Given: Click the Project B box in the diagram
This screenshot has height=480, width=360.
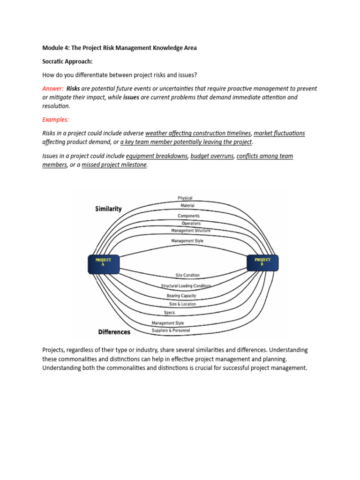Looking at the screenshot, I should click(262, 263).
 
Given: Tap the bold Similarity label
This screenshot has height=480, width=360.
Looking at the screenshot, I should click(108, 209).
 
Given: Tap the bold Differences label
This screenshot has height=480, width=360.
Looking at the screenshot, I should click(114, 332).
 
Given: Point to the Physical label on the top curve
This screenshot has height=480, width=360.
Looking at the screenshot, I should click(185, 198).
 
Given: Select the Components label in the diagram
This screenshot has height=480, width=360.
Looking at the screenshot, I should click(188, 216).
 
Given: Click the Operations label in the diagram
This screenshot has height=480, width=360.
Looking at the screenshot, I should click(191, 224).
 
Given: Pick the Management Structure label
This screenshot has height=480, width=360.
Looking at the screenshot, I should click(191, 231).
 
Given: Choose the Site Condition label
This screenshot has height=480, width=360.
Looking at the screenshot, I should click(187, 275).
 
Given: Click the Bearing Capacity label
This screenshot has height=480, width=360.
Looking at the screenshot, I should click(181, 296).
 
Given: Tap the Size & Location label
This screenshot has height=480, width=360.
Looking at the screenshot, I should click(183, 304).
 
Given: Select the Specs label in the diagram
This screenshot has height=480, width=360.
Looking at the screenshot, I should click(169, 313).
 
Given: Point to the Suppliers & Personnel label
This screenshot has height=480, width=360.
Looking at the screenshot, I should click(171, 330).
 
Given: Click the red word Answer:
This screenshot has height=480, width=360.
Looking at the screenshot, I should click(53, 88).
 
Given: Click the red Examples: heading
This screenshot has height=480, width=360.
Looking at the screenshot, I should click(55, 120).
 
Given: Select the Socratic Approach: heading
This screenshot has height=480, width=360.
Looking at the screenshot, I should click(65, 61).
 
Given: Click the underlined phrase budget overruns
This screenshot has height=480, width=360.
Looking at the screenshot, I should click(212, 156).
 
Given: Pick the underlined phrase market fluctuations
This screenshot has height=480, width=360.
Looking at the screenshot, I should click(279, 133).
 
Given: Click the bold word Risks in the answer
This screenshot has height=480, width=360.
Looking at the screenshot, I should click(73, 88).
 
